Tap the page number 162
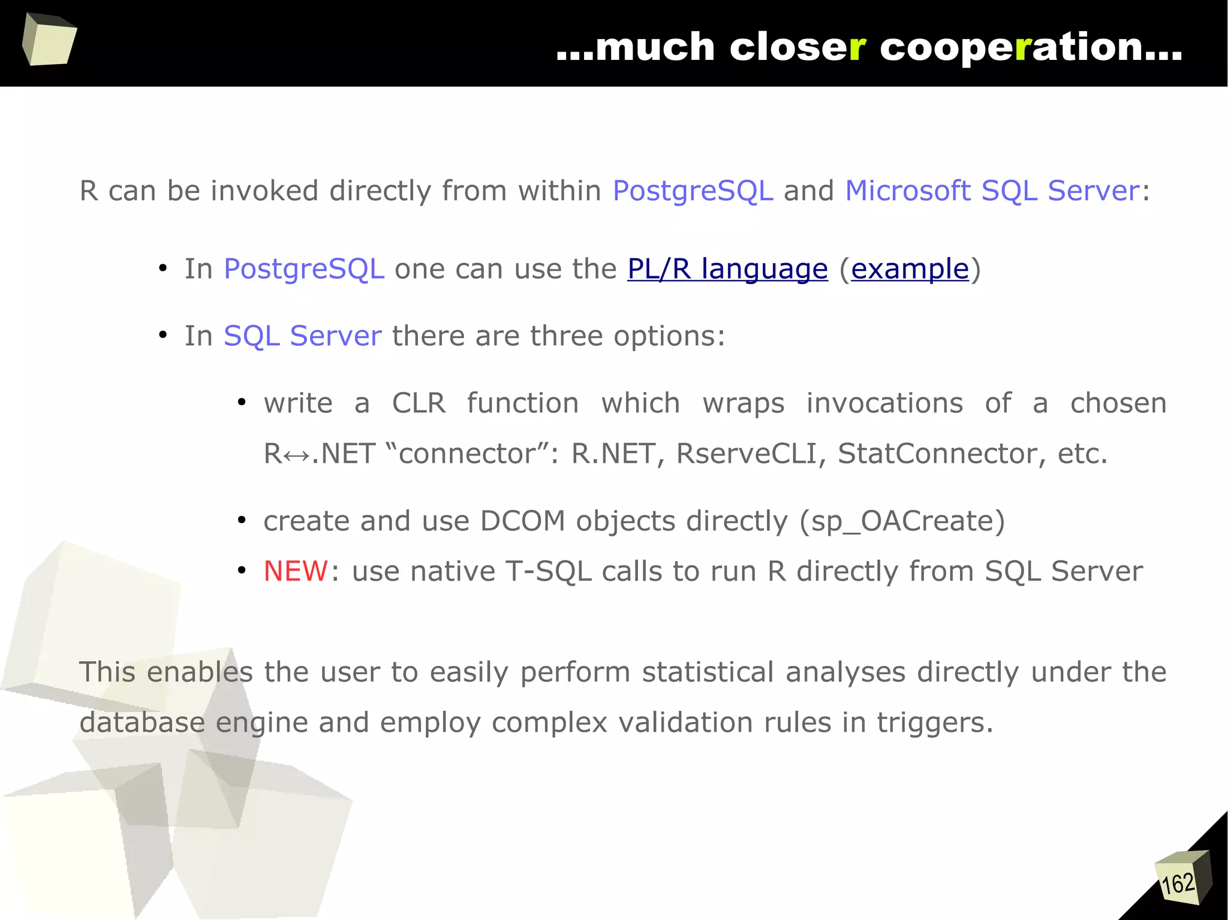tap(1178, 883)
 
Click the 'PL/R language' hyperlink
tap(727, 269)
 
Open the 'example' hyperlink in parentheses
tap(910, 269)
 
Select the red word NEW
tap(296, 571)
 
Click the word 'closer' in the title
tap(797, 47)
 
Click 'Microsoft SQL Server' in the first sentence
tap(992, 191)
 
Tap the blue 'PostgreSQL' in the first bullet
tap(304, 269)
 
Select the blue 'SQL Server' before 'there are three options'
tap(302, 336)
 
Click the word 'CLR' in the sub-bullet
tap(419, 403)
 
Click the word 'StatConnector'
tap(937, 454)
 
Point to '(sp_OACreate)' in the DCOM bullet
tap(902, 521)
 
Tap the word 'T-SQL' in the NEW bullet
tap(549, 571)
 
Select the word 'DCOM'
tap(522, 521)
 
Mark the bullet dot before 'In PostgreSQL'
tap(162, 269)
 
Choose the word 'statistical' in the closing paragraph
tap(708, 672)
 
